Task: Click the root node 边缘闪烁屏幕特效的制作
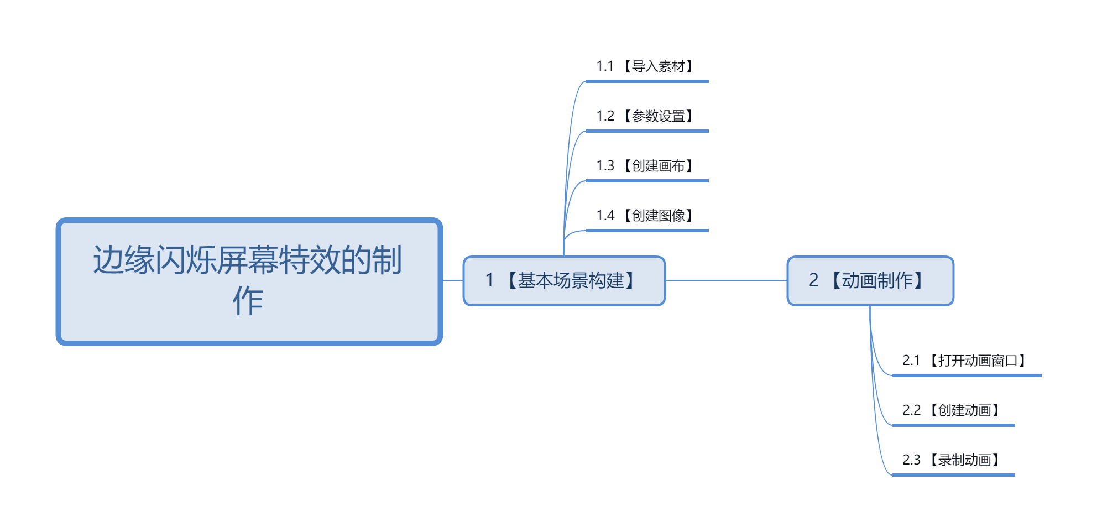coord(249,281)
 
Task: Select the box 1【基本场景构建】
coord(564,281)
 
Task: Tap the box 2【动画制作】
coord(870,281)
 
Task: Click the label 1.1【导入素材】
coord(645,66)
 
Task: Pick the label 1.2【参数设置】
coord(645,116)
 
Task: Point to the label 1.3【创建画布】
coord(645,166)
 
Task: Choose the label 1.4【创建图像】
coord(645,216)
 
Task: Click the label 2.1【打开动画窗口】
coord(965,361)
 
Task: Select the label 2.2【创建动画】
coord(952,410)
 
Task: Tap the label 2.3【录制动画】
coord(952,460)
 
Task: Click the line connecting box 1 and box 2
coord(726,280)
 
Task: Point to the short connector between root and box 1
coord(453,280)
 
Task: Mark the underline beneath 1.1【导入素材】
coord(647,81)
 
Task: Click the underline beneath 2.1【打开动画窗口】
coord(967,375)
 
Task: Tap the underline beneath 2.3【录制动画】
coord(953,475)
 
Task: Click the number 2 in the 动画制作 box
coord(813,280)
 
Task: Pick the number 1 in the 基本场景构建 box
coord(489,280)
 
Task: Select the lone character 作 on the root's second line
coord(248,301)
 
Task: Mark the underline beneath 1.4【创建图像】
coord(647,231)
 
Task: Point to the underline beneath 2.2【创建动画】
coord(953,425)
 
